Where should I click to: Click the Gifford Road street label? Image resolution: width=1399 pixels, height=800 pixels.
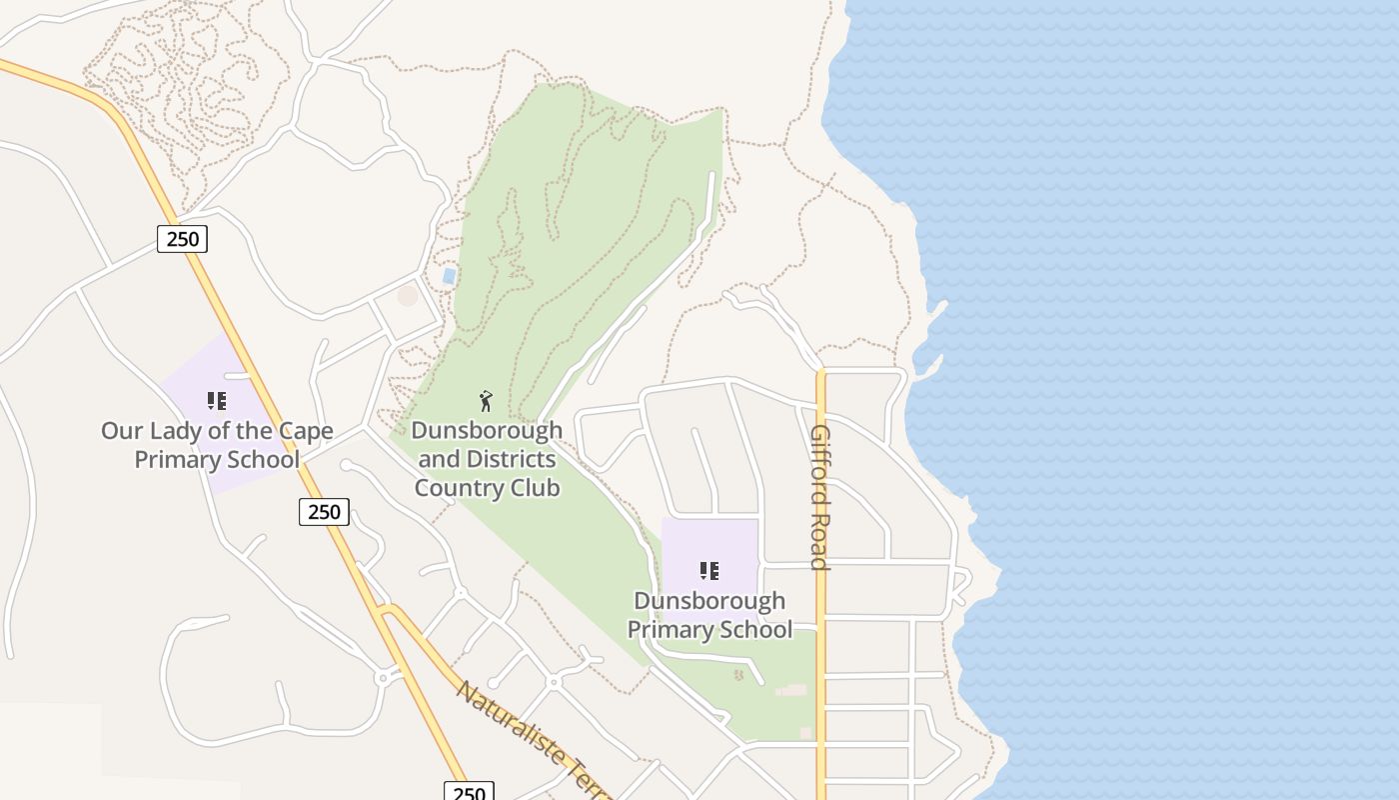point(819,497)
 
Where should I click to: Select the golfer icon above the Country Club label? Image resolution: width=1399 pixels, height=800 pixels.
point(486,401)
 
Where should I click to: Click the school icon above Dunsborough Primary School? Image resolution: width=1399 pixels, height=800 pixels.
point(708,571)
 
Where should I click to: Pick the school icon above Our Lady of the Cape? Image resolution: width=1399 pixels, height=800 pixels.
point(216,401)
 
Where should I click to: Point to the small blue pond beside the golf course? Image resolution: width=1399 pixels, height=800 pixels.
point(450,275)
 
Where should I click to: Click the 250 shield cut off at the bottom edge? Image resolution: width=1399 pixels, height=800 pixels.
point(469,792)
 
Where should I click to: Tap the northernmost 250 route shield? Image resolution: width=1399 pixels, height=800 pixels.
point(182,239)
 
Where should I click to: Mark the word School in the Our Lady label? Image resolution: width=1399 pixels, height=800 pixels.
point(264,460)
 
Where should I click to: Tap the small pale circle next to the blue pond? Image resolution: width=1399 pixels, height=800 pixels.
point(408,295)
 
